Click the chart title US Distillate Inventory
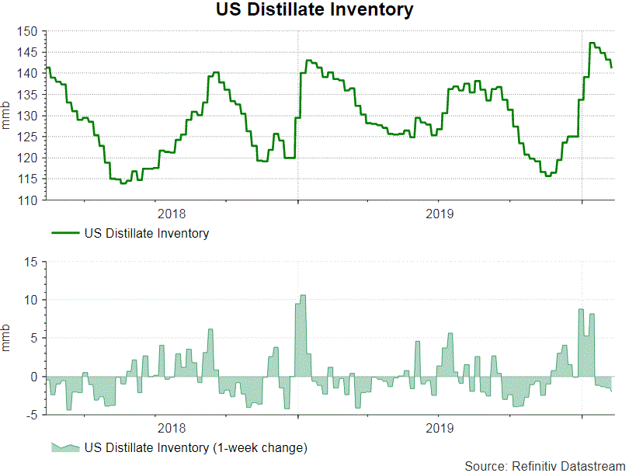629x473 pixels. [314, 11]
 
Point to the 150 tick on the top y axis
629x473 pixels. [27, 32]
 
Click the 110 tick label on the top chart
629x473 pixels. [27, 200]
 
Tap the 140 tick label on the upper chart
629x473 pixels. [27, 74]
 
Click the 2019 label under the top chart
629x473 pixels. [440, 213]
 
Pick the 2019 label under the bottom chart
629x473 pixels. [440, 428]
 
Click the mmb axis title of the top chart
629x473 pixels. [7, 117]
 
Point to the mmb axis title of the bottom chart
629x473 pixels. [7, 339]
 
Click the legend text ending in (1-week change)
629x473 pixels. [196, 448]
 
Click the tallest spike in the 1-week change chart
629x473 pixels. [303, 297]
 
